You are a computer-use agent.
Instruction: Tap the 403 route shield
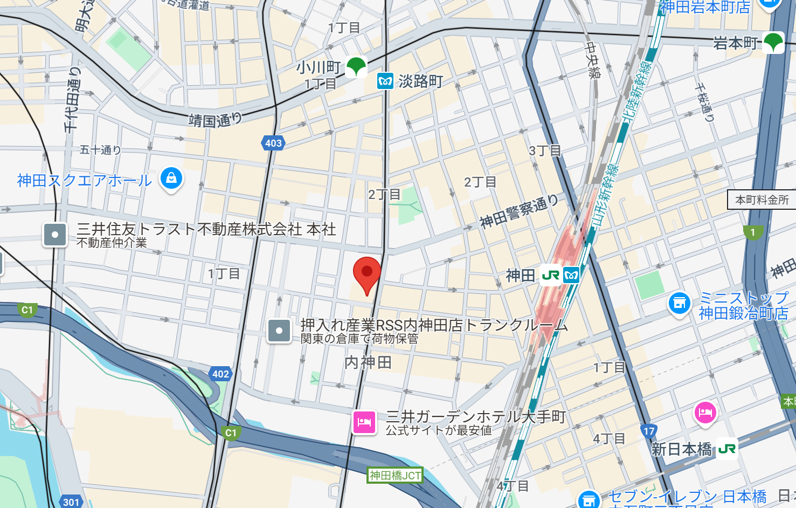273,143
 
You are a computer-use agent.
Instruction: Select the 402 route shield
220,374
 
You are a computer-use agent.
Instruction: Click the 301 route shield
71,502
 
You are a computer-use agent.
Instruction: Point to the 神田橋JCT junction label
395,475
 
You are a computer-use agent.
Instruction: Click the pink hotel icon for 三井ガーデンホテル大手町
364,422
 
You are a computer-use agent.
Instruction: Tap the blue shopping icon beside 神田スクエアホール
171,178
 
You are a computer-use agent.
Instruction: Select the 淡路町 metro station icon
385,81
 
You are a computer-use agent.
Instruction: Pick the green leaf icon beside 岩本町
773,42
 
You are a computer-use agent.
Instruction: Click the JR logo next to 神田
551,276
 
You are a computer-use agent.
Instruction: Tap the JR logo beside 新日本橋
726,449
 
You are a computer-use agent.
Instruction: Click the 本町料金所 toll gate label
762,200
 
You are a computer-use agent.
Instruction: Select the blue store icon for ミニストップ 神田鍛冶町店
680,303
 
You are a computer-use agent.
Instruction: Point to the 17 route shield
649,431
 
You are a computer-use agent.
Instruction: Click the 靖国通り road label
214,120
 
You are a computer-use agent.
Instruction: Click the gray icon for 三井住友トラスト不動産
55,235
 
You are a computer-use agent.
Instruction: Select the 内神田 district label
368,362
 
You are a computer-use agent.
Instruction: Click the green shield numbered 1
753,232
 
